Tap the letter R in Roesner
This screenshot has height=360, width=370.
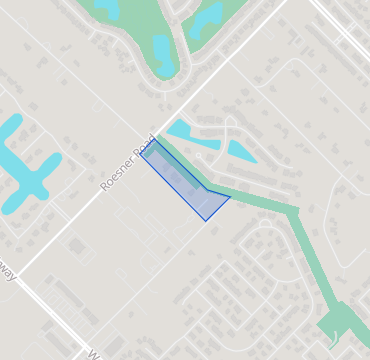click(x=105, y=187)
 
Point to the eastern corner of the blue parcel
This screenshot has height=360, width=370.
click(x=230, y=197)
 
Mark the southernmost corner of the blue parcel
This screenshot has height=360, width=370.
click(x=206, y=220)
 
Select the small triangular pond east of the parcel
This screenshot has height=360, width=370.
click(x=240, y=152)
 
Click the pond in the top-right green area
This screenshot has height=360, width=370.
click(x=208, y=17)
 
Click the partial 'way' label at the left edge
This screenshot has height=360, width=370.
click(x=8, y=273)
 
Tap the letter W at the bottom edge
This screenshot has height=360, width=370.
click(x=93, y=353)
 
